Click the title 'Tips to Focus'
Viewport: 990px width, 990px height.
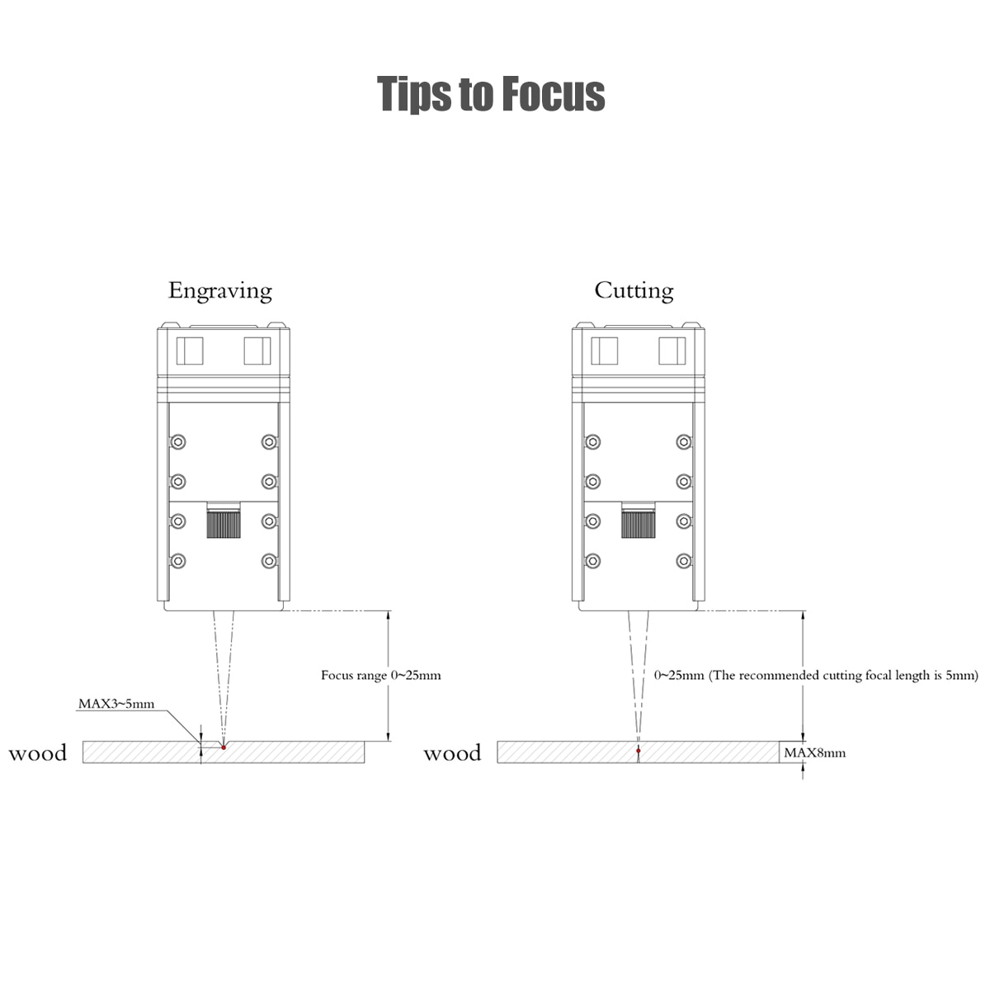(491, 94)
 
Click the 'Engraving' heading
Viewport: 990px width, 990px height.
(220, 291)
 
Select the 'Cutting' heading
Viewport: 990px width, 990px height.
(634, 291)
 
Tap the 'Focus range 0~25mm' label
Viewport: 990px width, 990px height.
(380, 675)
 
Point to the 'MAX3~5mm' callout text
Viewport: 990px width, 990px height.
(116, 704)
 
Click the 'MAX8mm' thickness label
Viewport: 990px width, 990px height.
(814, 753)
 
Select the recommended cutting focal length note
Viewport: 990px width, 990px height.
(816, 675)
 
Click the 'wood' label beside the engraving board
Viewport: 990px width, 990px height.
(37, 753)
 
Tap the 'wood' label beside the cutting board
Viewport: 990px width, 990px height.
(452, 753)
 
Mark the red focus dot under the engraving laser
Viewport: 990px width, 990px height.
(224, 747)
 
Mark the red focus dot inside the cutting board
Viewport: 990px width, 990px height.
(638, 751)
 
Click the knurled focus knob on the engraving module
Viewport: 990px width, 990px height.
(224, 521)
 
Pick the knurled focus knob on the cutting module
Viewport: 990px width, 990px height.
(638, 521)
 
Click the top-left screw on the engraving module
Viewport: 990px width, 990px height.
(178, 442)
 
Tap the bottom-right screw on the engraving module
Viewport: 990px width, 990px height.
(269, 560)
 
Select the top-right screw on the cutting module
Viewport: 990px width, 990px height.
(683, 442)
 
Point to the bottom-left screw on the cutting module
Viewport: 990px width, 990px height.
(593, 560)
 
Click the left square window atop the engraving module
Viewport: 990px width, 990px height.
(190, 351)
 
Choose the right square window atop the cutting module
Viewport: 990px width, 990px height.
(672, 351)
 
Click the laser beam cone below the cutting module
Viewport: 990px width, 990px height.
(638, 678)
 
